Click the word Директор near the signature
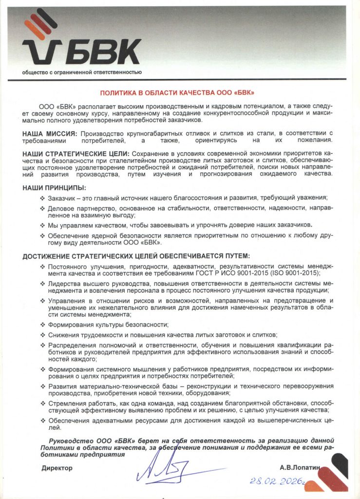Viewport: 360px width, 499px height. pos(57,468)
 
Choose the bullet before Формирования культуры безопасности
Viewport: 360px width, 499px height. pos(42,325)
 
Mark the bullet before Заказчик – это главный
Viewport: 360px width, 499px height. pos(42,197)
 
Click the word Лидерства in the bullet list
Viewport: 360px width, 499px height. pos(64,283)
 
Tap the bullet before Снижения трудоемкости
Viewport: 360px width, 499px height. pos(42,335)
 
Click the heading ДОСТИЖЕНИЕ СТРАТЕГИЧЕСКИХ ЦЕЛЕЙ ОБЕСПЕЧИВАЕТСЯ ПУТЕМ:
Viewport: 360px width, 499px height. pos(136,256)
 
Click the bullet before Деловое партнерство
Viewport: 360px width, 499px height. pos(42,208)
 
